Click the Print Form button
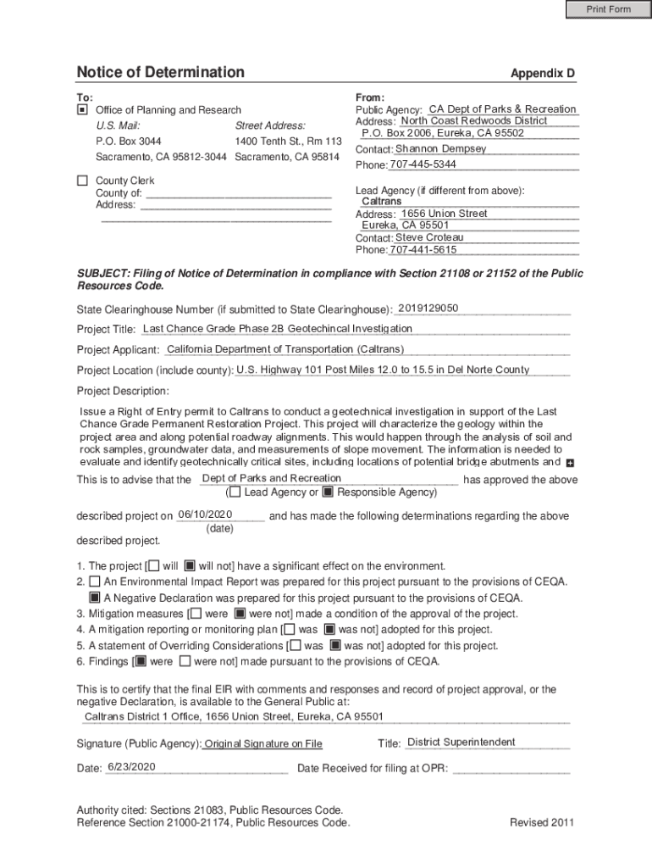pos(609,9)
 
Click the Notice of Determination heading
pos(160,72)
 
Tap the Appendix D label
pos(542,74)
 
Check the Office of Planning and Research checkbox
pos(82,110)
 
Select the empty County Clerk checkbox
pos(82,181)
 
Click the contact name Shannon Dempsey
pos(441,148)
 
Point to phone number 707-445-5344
pos(423,164)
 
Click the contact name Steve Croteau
pos(429,237)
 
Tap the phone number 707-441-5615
pos(423,250)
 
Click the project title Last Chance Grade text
pos(278,328)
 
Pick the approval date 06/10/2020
pos(205,515)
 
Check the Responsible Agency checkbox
pos(329,492)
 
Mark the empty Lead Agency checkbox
pos(235,492)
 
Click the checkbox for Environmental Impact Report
pos(95,581)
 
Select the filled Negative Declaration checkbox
pos(95,598)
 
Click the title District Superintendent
pos(461,743)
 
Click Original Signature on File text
pos(263,744)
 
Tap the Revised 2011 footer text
pos(542,822)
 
